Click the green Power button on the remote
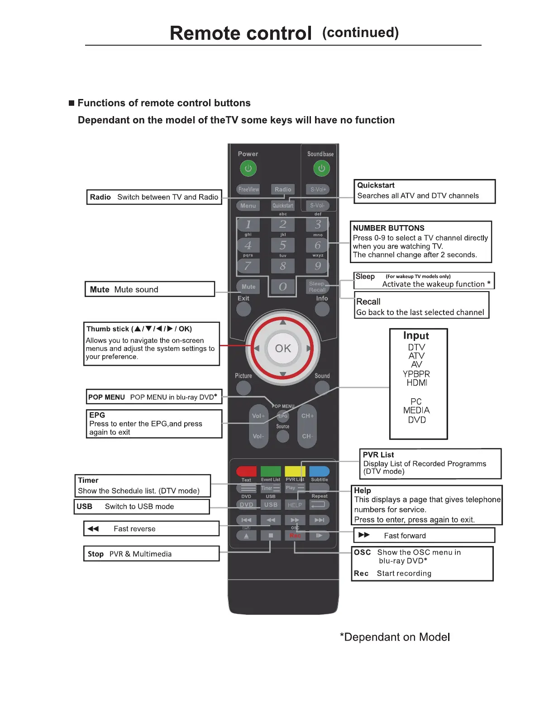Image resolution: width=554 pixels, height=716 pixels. (x=248, y=169)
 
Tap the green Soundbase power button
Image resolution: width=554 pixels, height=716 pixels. (x=321, y=169)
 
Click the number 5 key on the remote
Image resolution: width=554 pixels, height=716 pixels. (x=283, y=245)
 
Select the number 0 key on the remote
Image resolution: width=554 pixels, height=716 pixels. (x=283, y=287)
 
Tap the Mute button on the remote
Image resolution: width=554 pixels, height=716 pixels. (x=248, y=287)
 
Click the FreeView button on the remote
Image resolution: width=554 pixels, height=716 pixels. (x=248, y=189)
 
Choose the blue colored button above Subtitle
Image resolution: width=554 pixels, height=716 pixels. (x=320, y=471)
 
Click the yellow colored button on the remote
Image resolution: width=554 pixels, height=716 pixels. (x=295, y=471)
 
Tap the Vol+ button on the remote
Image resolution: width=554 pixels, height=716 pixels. (x=258, y=416)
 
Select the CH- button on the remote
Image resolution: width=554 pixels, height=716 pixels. (x=307, y=436)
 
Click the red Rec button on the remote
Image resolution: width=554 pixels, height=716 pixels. (x=295, y=536)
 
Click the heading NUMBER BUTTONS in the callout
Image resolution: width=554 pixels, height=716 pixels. (x=388, y=228)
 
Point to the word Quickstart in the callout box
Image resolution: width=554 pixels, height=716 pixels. (x=376, y=185)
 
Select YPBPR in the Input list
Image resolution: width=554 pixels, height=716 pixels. (x=416, y=374)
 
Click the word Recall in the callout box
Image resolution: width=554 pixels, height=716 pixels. (x=368, y=301)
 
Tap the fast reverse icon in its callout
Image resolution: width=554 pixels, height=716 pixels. (x=93, y=529)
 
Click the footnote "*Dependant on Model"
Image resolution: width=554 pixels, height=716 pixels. (x=395, y=637)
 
